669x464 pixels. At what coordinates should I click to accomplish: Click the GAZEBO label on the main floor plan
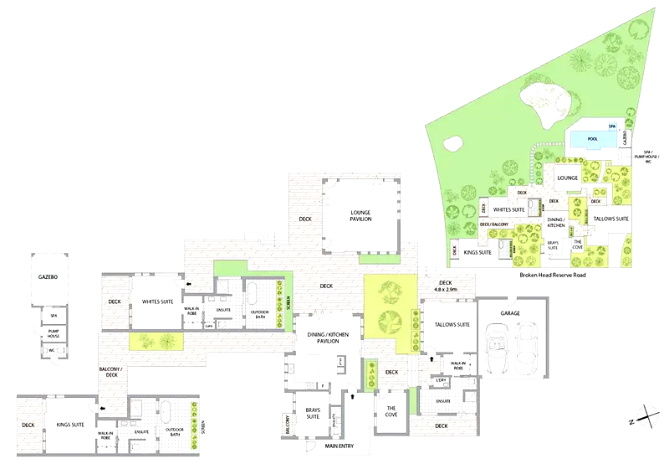click(48, 276)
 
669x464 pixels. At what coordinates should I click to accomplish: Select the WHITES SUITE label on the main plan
click(156, 302)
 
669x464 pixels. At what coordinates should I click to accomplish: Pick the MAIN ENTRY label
click(340, 446)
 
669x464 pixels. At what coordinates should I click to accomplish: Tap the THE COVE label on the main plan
click(391, 412)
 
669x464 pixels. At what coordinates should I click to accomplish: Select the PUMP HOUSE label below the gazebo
click(53, 333)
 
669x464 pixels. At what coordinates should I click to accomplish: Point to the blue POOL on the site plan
click(593, 139)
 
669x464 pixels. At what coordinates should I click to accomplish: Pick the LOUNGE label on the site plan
click(568, 178)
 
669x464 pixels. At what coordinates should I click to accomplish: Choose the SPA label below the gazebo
click(53, 316)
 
